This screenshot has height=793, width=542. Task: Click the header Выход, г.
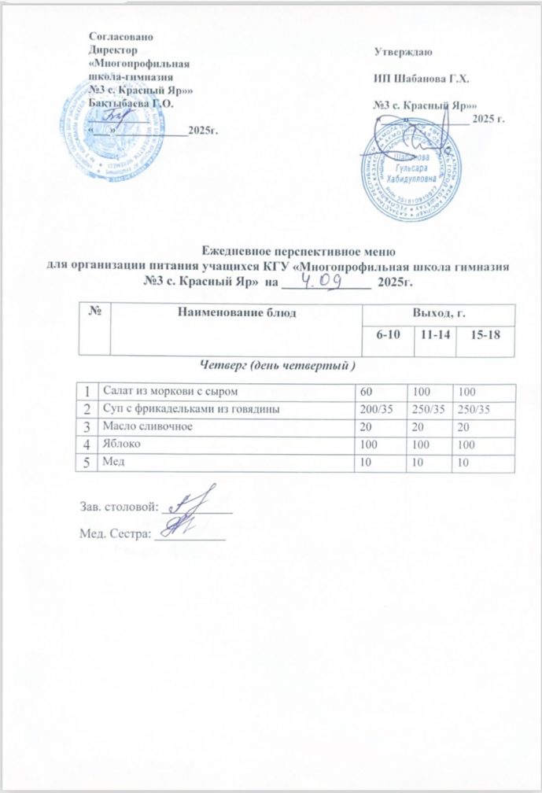434,313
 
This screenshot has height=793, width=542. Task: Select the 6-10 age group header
388,337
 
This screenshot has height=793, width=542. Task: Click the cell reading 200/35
374,409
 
